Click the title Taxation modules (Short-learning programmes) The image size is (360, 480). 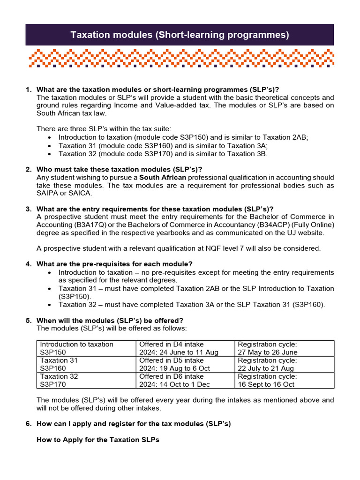(x=180, y=35)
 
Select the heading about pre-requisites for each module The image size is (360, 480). (x=115, y=264)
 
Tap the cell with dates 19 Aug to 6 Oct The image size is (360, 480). (x=175, y=368)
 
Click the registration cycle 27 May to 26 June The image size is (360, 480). (x=268, y=352)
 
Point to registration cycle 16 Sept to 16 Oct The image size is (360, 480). (x=266, y=384)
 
